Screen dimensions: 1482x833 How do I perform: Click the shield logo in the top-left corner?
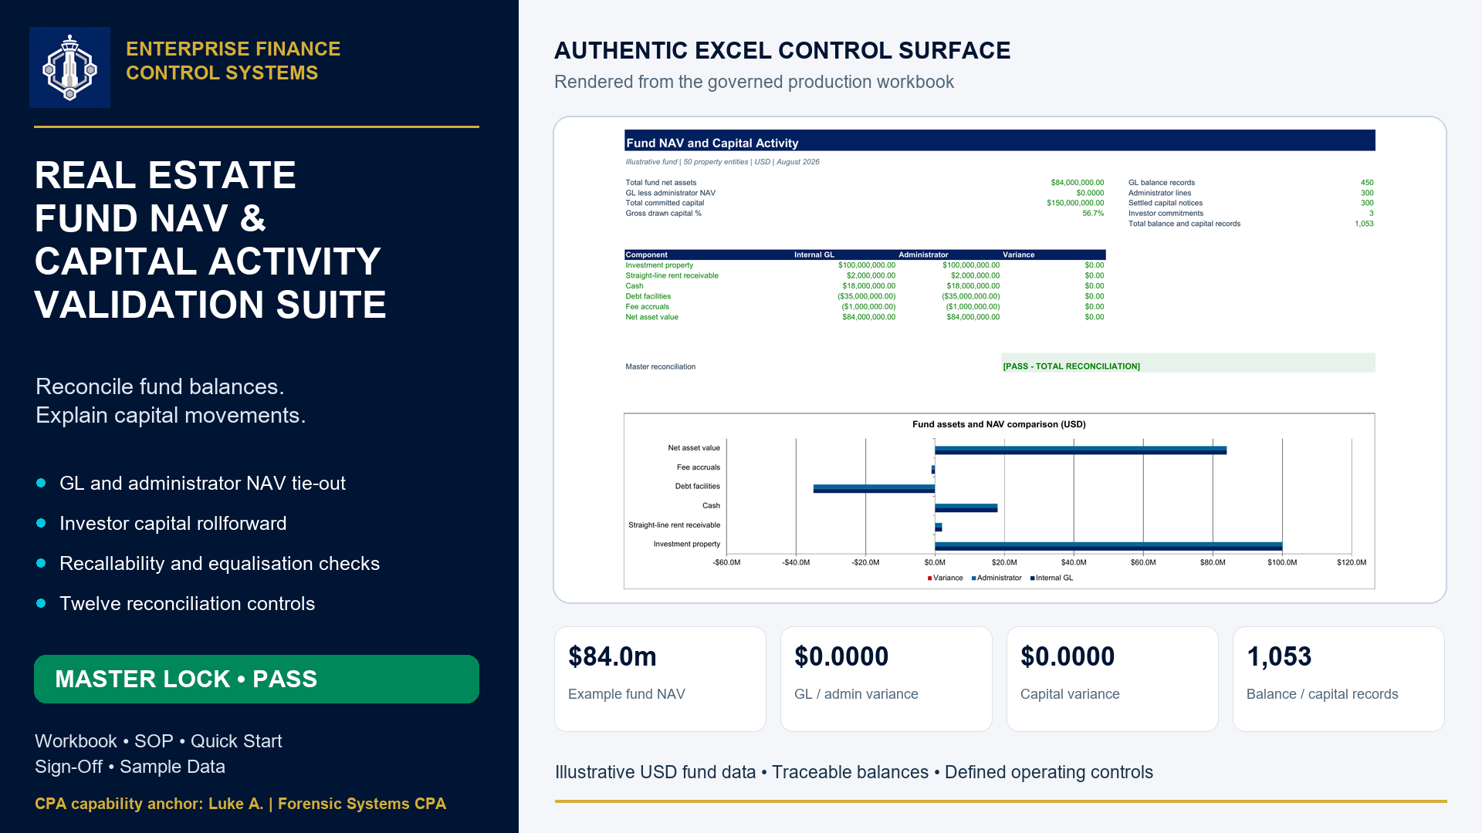(x=69, y=68)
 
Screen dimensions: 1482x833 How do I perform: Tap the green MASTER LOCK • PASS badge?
(x=256, y=679)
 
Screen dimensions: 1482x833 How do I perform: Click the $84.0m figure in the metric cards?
(x=612, y=656)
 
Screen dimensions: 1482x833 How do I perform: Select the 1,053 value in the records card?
(x=1279, y=656)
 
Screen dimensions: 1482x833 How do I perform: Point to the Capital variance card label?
(x=1070, y=694)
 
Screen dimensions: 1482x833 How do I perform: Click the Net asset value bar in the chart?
(x=1081, y=450)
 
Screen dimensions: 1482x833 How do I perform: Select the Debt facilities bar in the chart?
(x=874, y=488)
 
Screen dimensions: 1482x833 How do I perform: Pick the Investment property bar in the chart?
(x=1108, y=546)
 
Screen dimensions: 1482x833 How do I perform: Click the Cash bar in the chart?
(x=966, y=508)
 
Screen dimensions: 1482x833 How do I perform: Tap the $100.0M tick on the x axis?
(x=1282, y=562)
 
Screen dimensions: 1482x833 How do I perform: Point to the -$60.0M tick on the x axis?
(x=726, y=562)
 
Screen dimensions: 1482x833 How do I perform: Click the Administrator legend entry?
(x=996, y=578)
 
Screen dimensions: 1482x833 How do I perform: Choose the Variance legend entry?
(x=946, y=578)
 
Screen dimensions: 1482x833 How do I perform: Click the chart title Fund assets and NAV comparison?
(x=999, y=424)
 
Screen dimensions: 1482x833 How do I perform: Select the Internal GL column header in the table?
(x=814, y=255)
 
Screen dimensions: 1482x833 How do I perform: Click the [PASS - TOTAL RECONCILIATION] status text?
(x=1071, y=366)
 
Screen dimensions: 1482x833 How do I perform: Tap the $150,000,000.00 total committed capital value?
(x=1075, y=203)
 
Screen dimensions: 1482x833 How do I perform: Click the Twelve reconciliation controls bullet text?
(x=188, y=603)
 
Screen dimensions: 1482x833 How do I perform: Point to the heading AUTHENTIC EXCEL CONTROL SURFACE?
(x=782, y=50)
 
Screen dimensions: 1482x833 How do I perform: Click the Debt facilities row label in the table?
(x=648, y=296)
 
